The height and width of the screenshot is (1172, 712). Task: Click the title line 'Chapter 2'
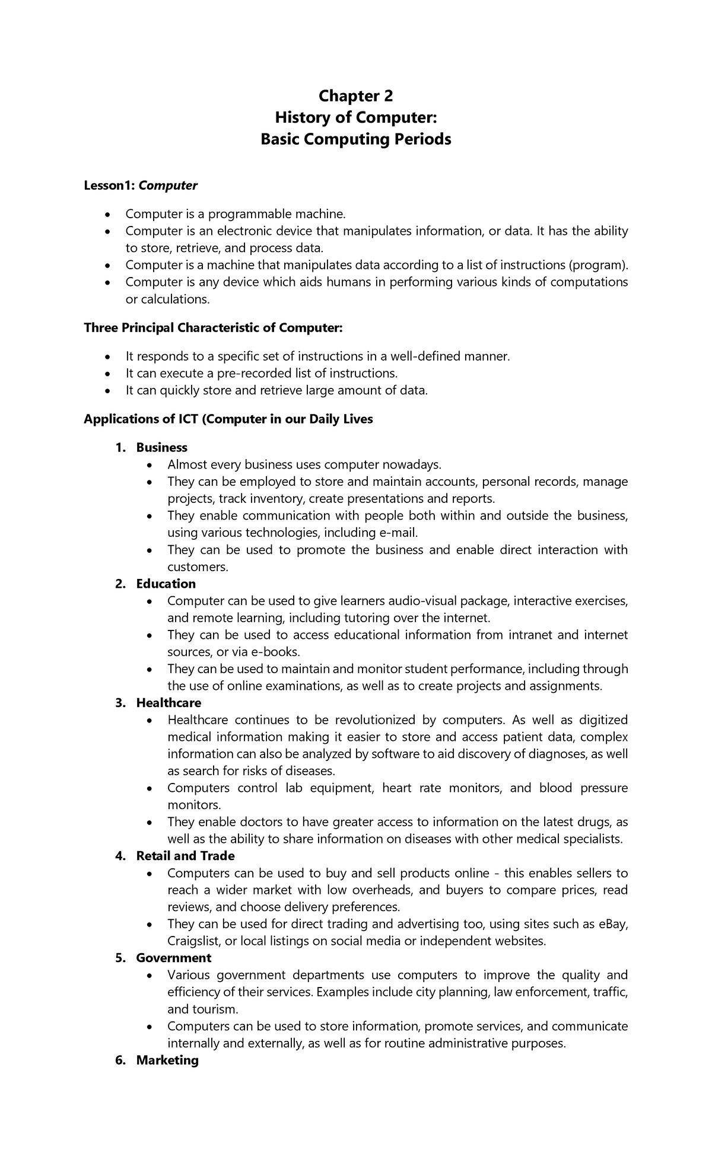[356, 96]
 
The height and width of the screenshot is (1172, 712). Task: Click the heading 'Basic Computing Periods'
[356, 139]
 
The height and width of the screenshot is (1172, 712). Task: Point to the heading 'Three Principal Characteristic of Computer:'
[213, 328]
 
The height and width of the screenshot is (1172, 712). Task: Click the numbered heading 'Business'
[161, 447]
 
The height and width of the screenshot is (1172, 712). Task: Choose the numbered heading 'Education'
[166, 584]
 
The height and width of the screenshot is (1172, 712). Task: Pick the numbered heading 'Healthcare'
[169, 703]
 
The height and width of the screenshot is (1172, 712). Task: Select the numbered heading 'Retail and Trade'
[185, 856]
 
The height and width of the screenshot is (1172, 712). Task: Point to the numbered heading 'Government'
[173, 958]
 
